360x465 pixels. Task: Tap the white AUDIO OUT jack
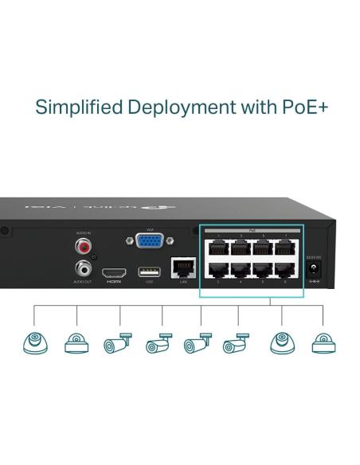[x=84, y=268]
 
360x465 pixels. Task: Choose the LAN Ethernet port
[x=182, y=268]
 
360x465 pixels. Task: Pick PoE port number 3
[x=238, y=248]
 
